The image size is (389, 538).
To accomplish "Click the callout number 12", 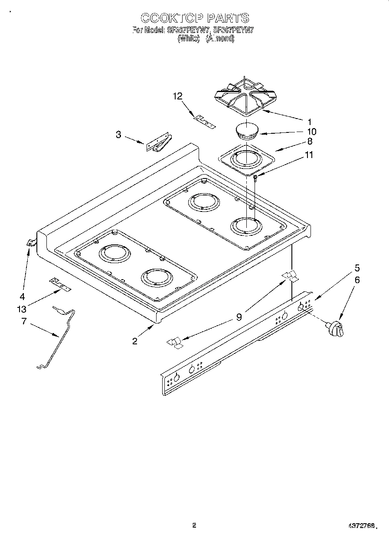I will pos(178,96).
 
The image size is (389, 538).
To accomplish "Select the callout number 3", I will pos(118,135).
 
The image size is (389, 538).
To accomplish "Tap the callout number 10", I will pos(311,132).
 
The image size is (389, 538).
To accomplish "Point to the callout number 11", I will pos(309,155).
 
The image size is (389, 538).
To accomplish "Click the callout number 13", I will pos(22,309).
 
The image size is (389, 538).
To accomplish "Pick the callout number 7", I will pos(24,321).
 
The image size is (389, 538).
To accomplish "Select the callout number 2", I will pos(135,341).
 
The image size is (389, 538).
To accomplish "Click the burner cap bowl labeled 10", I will pos(247,130).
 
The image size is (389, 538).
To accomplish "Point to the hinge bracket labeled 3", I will pos(158,143).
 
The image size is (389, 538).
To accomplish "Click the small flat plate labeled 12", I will pos(204,121).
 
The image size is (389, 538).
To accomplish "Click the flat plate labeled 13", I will pos(60,284).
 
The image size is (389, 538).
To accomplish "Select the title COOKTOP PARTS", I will pos(195,18).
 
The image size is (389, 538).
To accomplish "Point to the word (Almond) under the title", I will pos(220,39).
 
